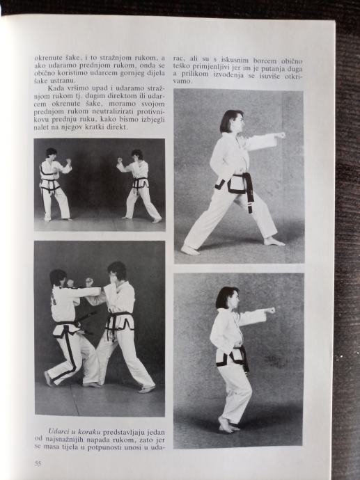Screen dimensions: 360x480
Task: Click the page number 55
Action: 38,463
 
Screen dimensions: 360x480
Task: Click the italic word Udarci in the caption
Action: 58,432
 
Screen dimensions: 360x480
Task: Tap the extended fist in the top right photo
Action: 280,135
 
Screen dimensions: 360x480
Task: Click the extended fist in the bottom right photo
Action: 270,311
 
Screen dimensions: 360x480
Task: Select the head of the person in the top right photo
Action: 233,121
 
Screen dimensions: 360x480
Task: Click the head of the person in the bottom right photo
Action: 227,298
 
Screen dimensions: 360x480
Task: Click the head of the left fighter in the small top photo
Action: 51,153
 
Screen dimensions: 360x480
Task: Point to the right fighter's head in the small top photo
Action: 137,154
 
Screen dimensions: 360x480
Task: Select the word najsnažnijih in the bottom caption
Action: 63,440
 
